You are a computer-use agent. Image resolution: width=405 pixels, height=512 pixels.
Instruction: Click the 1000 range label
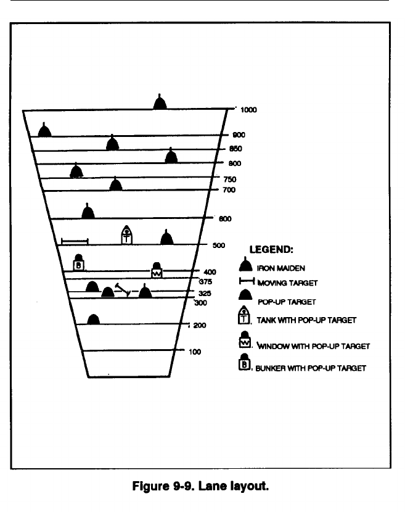point(248,110)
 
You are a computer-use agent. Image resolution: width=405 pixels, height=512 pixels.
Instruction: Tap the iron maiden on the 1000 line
point(160,102)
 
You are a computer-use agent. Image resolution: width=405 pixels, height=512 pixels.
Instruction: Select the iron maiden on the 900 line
point(44,130)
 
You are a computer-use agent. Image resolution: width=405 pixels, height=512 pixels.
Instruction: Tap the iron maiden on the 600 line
point(88,211)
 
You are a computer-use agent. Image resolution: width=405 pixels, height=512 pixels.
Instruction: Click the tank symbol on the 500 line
point(126,235)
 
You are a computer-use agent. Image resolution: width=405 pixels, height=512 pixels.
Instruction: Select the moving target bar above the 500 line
point(75,241)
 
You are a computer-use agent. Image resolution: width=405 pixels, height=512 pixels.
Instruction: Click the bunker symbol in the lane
point(79,263)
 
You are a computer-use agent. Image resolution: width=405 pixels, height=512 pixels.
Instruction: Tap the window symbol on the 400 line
point(157,270)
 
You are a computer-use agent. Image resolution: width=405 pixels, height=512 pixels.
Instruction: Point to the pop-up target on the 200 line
point(93,319)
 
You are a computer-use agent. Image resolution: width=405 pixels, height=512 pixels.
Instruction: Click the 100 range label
point(195,352)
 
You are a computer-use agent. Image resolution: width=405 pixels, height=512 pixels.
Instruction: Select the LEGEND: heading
point(271,250)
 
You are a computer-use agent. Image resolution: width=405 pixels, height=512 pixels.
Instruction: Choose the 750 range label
point(229,179)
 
